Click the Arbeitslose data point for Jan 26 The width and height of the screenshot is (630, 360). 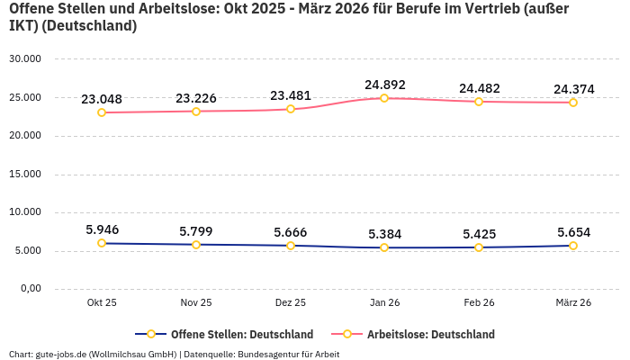point(384,98)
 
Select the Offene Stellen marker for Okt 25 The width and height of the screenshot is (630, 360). point(102,243)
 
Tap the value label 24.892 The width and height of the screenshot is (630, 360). point(384,85)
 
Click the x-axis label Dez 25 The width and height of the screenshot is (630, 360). point(290,302)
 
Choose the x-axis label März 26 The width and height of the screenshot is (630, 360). point(572,302)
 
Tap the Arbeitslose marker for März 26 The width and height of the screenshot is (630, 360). point(572,103)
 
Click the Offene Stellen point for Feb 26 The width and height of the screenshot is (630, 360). point(479,247)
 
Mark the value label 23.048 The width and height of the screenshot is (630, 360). point(102,99)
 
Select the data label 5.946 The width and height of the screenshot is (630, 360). point(102,229)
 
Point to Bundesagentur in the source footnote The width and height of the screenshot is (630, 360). point(269,354)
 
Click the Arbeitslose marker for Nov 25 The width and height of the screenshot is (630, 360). point(196,112)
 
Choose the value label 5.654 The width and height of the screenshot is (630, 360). point(572,232)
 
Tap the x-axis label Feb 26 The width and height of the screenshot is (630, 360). point(479,302)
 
